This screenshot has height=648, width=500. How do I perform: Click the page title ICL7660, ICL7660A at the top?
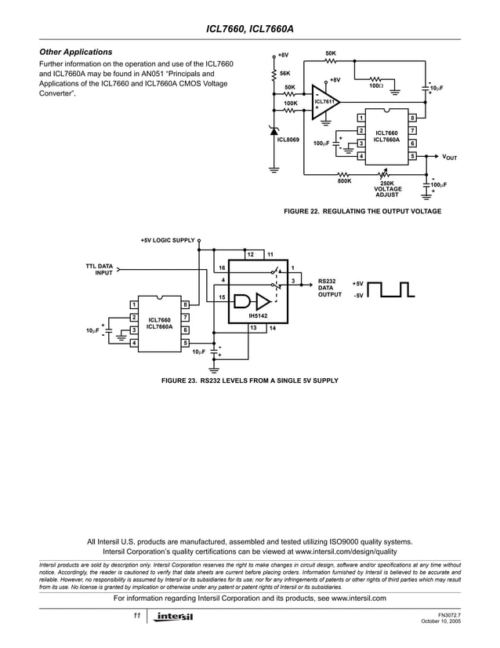click(x=249, y=28)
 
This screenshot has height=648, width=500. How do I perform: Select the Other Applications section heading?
click(x=76, y=52)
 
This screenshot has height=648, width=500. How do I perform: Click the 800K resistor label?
click(x=344, y=181)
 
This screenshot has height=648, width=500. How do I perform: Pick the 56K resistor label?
click(x=286, y=72)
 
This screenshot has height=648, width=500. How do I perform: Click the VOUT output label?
click(x=450, y=157)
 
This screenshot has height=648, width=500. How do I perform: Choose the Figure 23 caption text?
click(x=249, y=380)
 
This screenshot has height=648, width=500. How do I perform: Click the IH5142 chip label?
click(x=257, y=316)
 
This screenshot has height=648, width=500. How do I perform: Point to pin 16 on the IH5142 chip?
click(x=222, y=268)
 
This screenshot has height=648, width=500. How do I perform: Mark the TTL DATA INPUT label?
click(x=100, y=270)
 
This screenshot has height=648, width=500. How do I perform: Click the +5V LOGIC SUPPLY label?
click(x=167, y=240)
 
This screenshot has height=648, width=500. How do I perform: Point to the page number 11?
click(x=136, y=616)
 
